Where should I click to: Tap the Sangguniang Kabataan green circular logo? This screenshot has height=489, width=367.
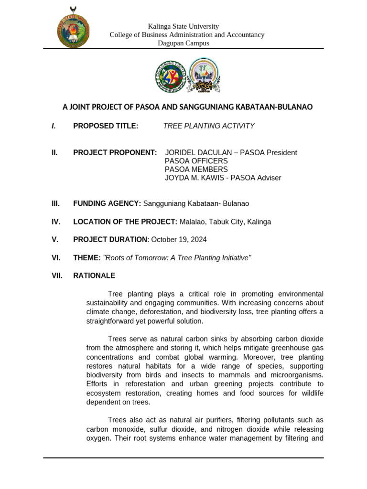coord(171,76)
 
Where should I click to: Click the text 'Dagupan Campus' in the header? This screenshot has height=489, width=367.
coord(183,43)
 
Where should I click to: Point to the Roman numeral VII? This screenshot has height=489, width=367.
coord(57,276)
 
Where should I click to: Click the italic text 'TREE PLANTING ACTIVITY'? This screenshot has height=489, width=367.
coord(209,126)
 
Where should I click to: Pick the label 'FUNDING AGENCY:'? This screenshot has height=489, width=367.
coord(107,203)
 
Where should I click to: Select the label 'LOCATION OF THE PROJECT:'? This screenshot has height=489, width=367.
coord(125,222)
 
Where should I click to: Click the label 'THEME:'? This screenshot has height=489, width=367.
coord(87,258)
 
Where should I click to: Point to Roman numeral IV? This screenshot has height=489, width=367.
coord(56,222)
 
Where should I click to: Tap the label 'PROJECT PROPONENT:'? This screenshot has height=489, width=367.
coord(115,152)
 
